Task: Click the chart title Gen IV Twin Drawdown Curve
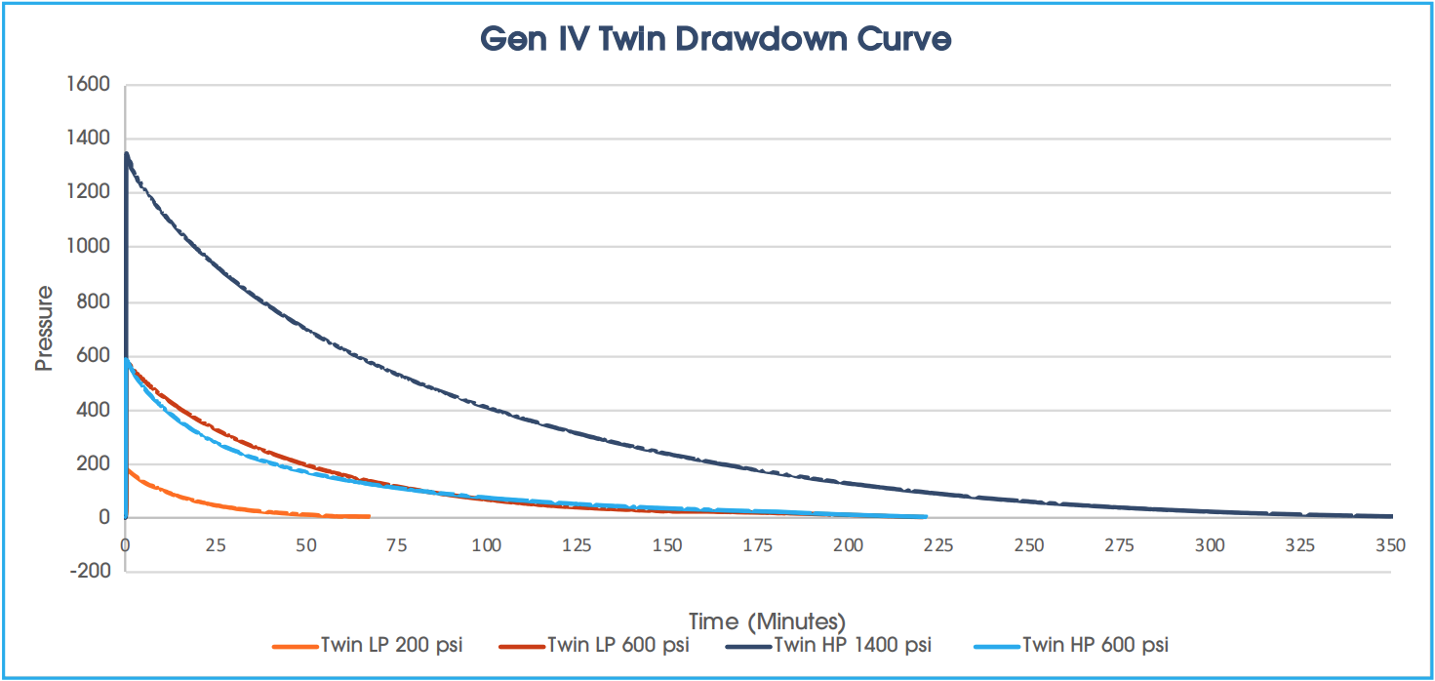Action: (x=716, y=39)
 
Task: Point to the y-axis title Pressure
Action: (x=43, y=328)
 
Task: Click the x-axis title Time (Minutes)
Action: (x=767, y=621)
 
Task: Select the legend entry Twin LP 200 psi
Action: (x=391, y=645)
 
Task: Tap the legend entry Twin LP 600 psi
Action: (x=618, y=645)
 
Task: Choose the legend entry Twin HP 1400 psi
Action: (x=853, y=645)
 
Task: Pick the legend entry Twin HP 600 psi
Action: (x=1095, y=645)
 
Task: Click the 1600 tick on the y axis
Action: (x=89, y=85)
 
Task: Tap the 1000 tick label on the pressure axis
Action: (x=89, y=247)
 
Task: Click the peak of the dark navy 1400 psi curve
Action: (x=126, y=153)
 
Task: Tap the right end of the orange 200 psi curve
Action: (x=370, y=516)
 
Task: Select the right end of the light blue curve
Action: (x=925, y=516)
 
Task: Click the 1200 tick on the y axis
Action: (x=89, y=193)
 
